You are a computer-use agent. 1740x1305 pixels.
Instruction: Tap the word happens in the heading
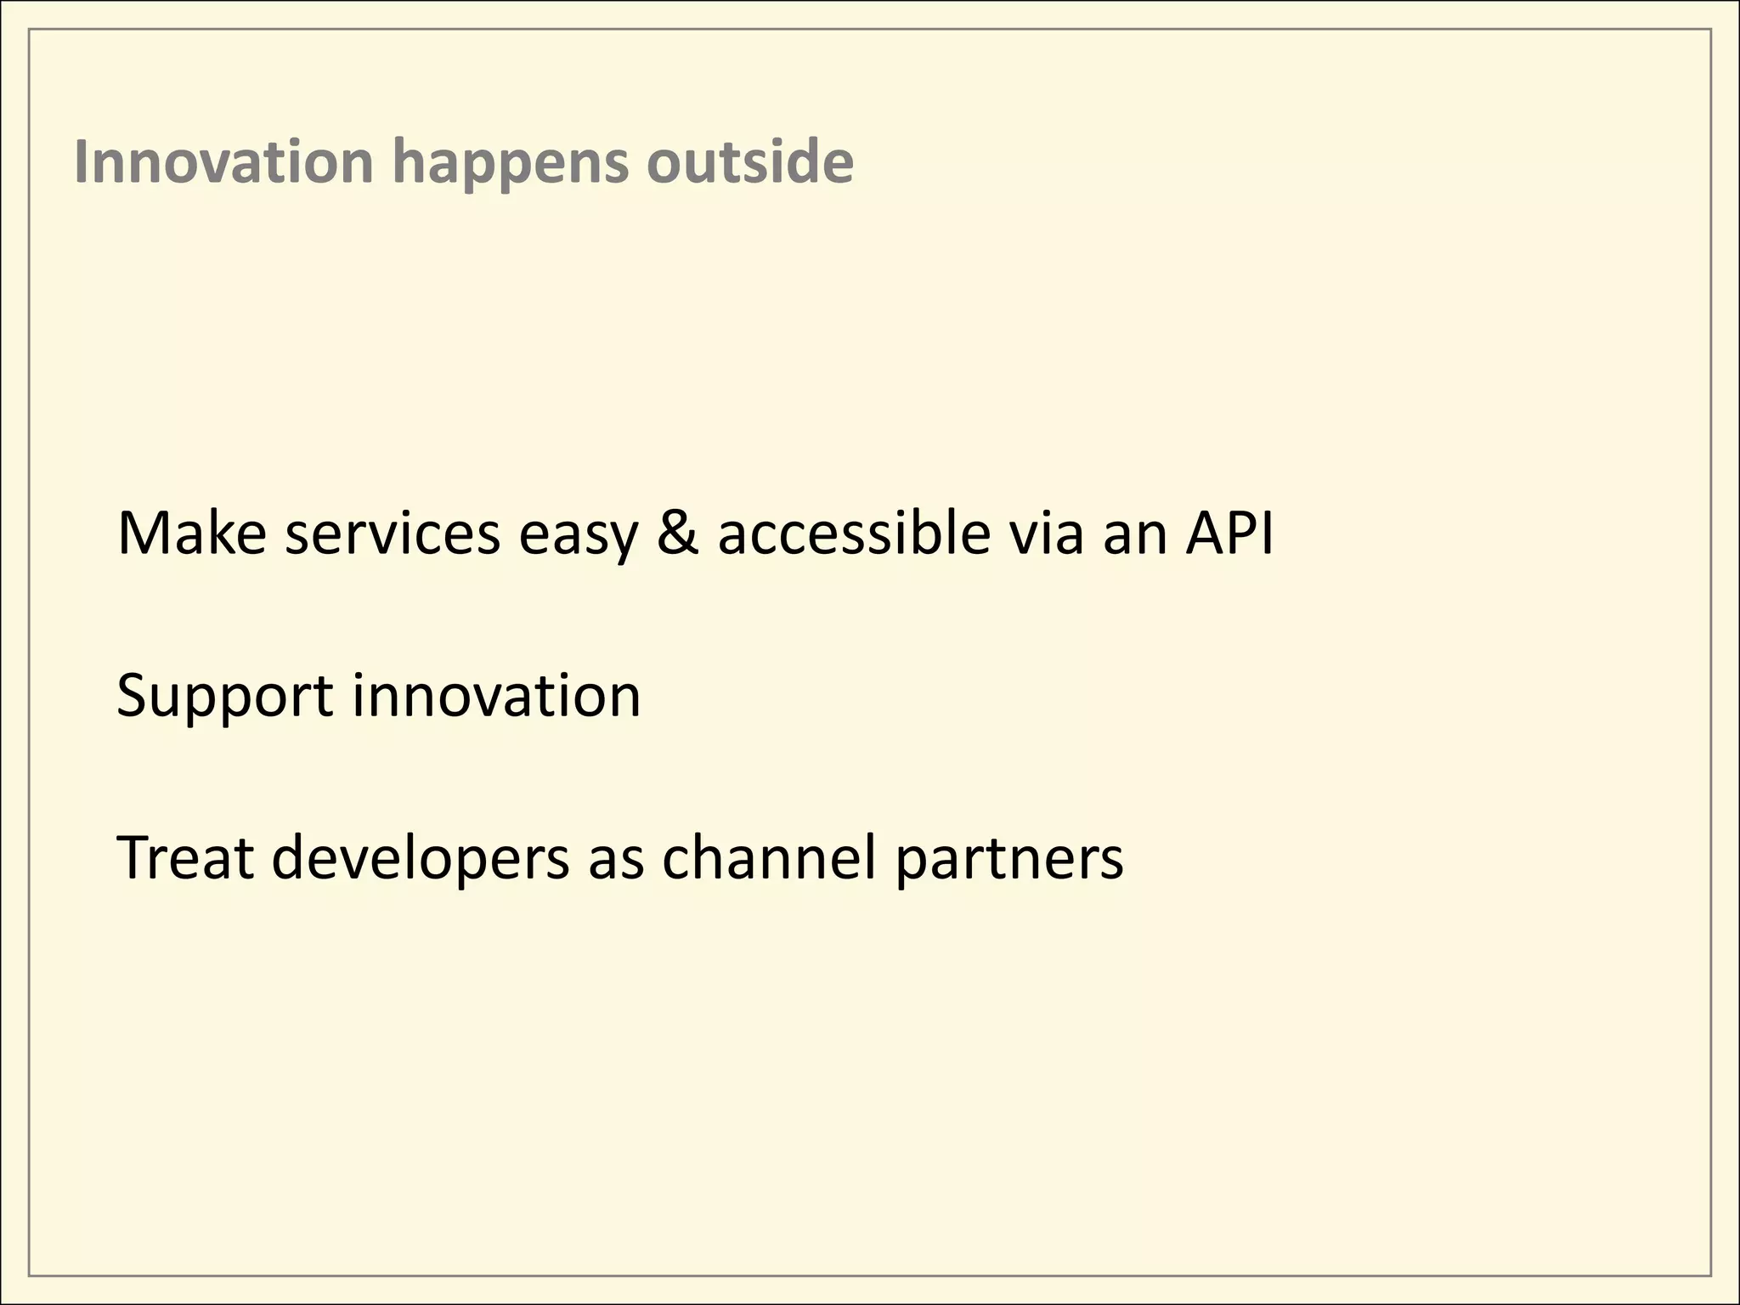click(x=510, y=163)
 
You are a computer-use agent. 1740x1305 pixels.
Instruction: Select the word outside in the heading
click(x=749, y=161)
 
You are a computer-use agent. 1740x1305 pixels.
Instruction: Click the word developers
click(x=421, y=860)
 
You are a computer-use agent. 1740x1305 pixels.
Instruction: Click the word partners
click(x=1008, y=860)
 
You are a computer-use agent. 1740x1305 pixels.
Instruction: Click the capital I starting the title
click(x=81, y=161)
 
